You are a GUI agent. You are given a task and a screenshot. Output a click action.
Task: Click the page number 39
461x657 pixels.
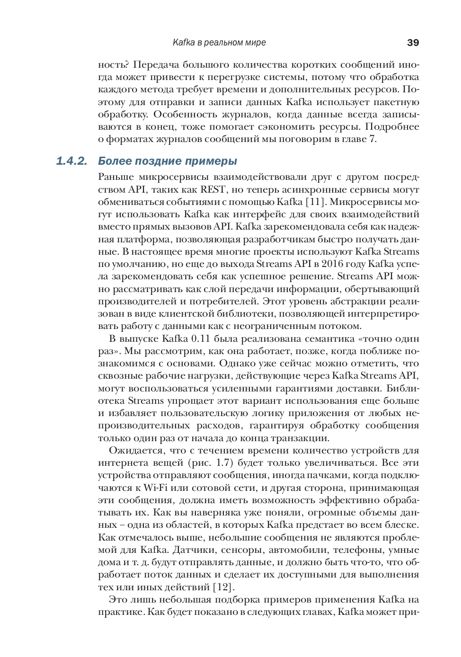click(413, 43)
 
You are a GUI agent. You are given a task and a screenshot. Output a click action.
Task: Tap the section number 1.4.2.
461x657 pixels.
click(72, 161)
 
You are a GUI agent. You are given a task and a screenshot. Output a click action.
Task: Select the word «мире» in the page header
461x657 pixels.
click(256, 43)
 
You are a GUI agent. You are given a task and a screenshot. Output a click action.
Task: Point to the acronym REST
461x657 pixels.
click(213, 189)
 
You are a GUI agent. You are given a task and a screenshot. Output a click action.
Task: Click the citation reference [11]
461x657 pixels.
click(315, 202)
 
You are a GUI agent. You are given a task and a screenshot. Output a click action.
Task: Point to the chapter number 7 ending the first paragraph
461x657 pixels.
click(372, 139)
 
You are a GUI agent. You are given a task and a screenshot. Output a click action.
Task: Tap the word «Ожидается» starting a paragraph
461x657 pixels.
click(136, 450)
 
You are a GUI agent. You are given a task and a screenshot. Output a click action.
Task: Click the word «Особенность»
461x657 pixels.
click(183, 114)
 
